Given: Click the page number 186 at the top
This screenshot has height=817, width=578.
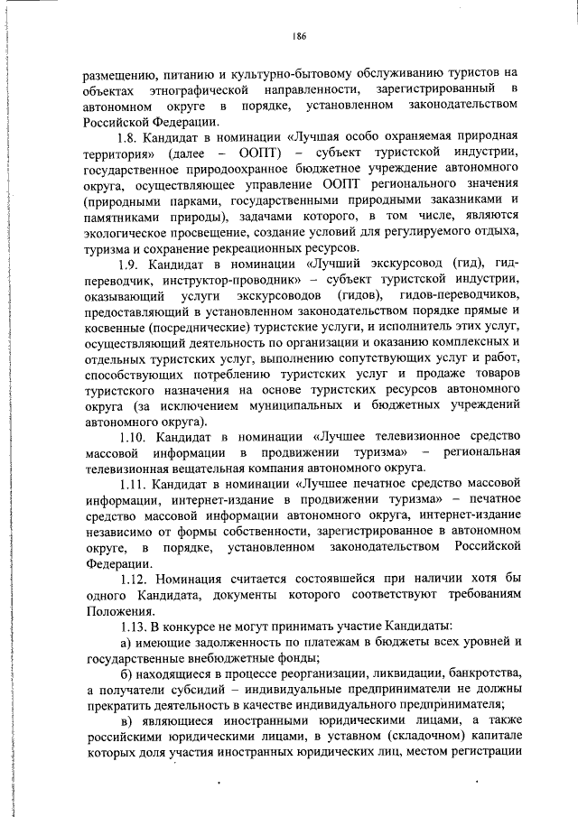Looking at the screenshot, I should point(300,36).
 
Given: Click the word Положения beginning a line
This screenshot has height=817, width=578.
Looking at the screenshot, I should point(115,609).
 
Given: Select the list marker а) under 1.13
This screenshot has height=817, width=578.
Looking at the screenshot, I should point(126,641).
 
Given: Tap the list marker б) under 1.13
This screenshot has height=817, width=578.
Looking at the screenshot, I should point(126,673).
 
